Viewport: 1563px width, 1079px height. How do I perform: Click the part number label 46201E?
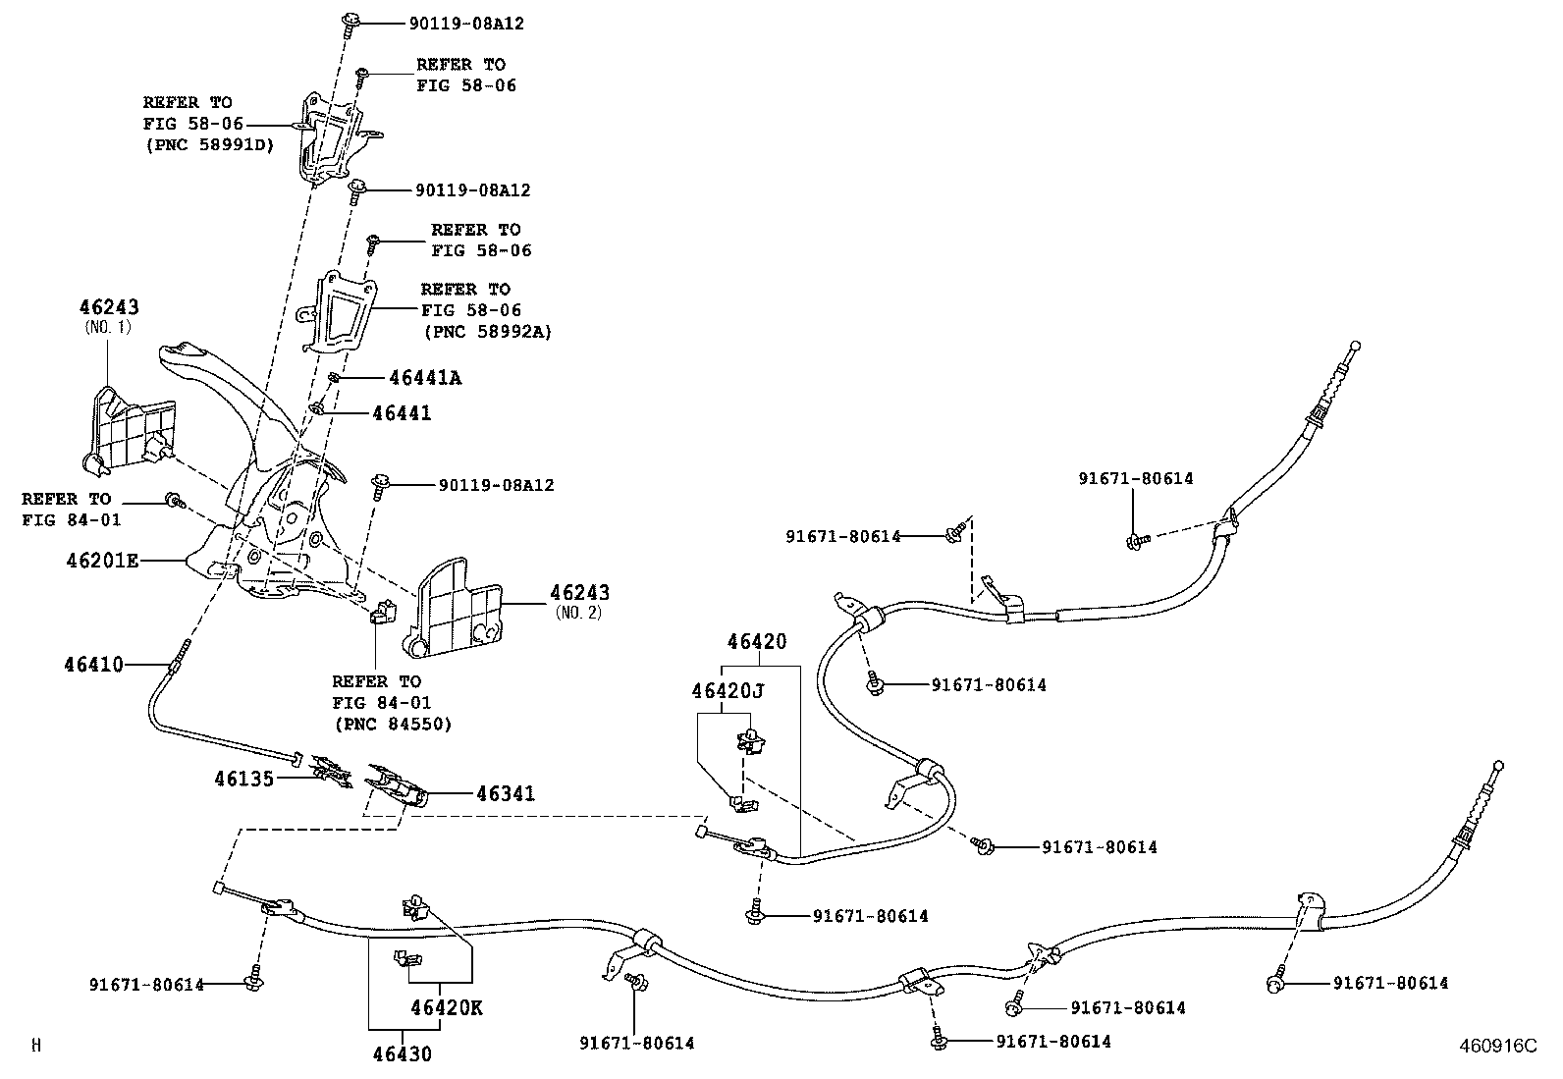click(x=102, y=561)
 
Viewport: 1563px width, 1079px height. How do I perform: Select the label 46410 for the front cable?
click(x=94, y=665)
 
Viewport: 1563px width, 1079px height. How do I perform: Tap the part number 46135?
click(x=243, y=779)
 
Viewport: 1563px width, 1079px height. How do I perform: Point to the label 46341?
click(x=506, y=793)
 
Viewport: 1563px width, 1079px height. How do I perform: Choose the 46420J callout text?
click(x=728, y=690)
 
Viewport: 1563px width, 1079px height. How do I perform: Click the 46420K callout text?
click(x=447, y=1008)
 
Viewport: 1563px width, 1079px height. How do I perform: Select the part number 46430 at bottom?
click(x=402, y=1054)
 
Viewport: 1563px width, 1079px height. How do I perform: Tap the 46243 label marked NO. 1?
click(x=109, y=308)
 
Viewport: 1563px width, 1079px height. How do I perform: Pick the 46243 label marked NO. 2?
click(x=579, y=593)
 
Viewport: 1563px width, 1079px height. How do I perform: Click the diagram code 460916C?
click(x=1496, y=1047)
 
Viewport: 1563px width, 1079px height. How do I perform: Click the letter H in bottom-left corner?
click(x=36, y=1047)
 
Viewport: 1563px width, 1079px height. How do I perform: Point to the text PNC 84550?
click(x=392, y=725)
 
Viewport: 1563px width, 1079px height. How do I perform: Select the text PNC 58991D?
click(x=209, y=145)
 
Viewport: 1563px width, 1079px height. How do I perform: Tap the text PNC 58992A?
click(x=487, y=332)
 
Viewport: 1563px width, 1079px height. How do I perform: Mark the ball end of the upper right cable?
click(x=1357, y=346)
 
